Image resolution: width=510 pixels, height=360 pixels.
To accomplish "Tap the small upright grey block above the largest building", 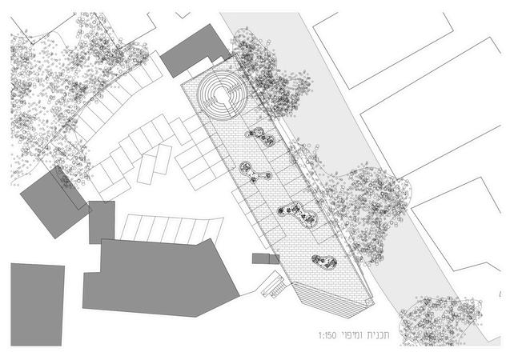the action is tap(102, 222).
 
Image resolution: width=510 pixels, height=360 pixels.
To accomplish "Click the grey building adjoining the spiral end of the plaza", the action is tap(195, 50).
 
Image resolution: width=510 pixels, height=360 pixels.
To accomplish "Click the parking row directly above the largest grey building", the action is tap(168, 228).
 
